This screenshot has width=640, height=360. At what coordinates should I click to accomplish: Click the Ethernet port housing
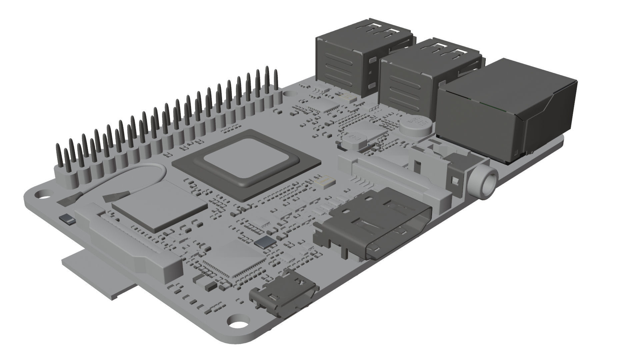pos(507,110)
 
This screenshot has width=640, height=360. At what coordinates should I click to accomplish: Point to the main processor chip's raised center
pos(245,162)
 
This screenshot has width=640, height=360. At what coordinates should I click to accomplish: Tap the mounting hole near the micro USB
pos(236,322)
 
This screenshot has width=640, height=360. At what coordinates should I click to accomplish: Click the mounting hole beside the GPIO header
pos(42,194)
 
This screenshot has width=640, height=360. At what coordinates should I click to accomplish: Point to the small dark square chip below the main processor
pos(265,243)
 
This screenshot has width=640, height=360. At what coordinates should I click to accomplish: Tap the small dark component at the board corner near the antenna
pos(67,220)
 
